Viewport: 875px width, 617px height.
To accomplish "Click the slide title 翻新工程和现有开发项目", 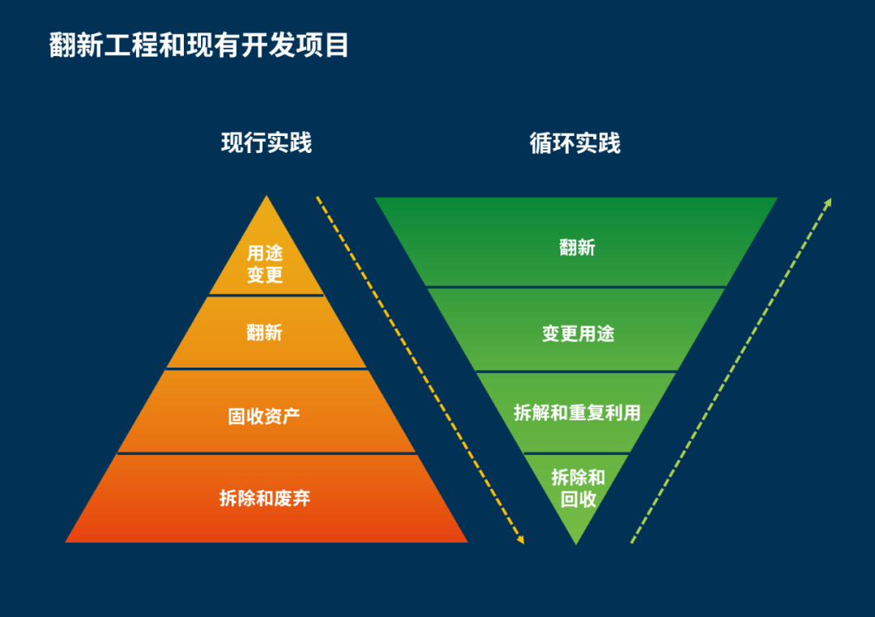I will pyautogui.click(x=199, y=45).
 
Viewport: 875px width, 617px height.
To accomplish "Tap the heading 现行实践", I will pyautogui.click(x=267, y=143).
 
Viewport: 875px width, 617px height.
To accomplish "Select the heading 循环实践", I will pyautogui.click(x=575, y=143).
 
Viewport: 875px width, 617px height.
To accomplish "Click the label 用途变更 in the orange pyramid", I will pyautogui.click(x=265, y=264).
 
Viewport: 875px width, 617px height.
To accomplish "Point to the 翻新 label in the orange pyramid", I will pyautogui.click(x=265, y=332).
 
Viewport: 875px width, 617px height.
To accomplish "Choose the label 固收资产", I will pyautogui.click(x=264, y=417).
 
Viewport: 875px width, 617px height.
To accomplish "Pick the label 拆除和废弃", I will pyautogui.click(x=265, y=498).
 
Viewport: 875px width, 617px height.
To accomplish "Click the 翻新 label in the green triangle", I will pyautogui.click(x=577, y=247).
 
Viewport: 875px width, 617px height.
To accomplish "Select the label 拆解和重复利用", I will pyautogui.click(x=577, y=413).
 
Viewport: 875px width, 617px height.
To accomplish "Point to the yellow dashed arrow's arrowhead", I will pyautogui.click(x=522, y=539).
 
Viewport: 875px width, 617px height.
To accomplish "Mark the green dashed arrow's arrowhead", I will pyautogui.click(x=828, y=202).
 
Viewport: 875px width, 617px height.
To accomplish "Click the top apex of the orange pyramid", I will pyautogui.click(x=267, y=198).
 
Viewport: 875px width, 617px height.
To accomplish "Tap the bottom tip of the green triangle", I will pyautogui.click(x=576, y=543).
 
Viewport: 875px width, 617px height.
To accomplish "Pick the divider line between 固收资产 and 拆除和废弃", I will pyautogui.click(x=267, y=453).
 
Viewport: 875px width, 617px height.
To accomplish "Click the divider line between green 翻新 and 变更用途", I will pyautogui.click(x=576, y=287).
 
